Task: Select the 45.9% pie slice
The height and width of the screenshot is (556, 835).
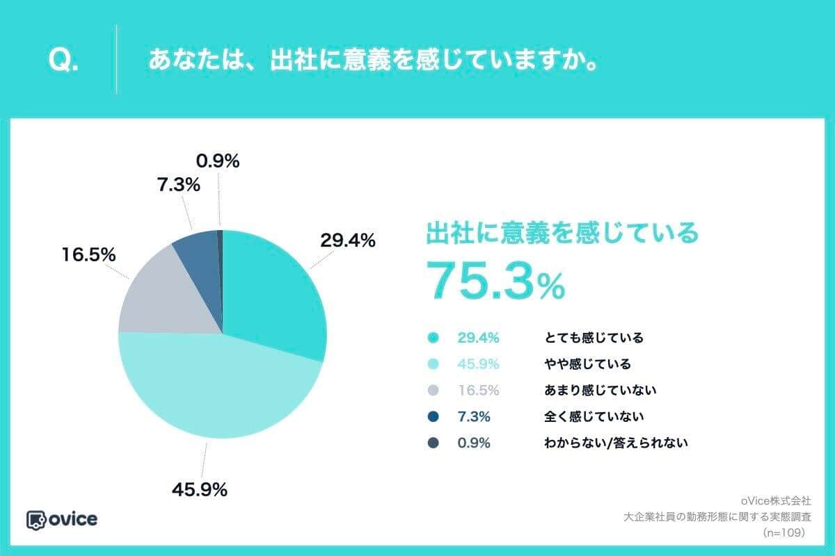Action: [x=216, y=389]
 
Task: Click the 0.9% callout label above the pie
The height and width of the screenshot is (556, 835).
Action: [x=218, y=161]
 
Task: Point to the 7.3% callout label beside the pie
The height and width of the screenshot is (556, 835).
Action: [x=178, y=186]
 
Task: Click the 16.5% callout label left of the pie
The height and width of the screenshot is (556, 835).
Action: [x=88, y=255]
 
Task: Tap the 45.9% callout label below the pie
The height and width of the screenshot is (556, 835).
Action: [x=200, y=489]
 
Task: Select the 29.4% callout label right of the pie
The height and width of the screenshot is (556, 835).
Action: [x=348, y=240]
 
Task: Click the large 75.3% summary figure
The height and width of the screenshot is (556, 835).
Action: [x=495, y=281]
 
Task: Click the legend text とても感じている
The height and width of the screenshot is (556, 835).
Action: [x=594, y=338]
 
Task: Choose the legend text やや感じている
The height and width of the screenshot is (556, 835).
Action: [x=587, y=364]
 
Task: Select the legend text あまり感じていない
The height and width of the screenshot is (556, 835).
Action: [x=600, y=391]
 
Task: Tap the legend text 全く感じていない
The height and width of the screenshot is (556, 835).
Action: [x=594, y=416]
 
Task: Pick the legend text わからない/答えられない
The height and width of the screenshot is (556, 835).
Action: [x=616, y=442]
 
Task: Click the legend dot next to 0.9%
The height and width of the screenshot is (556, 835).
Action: [x=434, y=443]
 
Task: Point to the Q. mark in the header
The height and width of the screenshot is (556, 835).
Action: [x=63, y=60]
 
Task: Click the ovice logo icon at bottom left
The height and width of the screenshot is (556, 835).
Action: [x=36, y=520]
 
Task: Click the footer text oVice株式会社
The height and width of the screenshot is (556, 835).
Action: [x=777, y=500]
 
